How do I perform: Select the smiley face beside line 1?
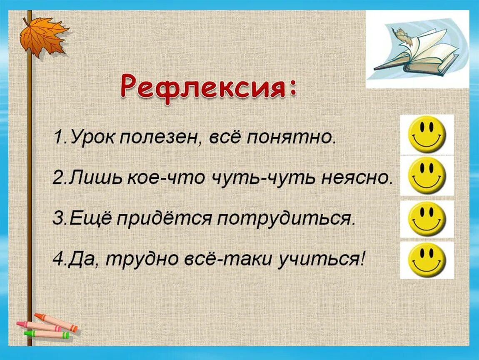427,134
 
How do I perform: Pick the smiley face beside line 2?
427,175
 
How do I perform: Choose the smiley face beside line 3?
427,219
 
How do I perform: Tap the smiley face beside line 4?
427,260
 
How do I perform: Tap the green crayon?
47,334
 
